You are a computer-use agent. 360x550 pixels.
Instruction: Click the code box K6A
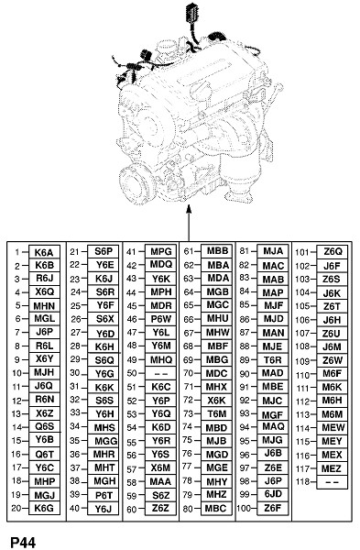coord(44,252)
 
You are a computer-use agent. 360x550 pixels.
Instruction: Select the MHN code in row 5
coord(44,306)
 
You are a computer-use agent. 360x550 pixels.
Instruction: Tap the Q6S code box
coord(44,426)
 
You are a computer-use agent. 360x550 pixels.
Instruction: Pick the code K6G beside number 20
coord(44,508)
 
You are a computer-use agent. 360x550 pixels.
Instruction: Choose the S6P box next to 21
coord(104,251)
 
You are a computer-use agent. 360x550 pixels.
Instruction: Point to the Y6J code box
coord(104,508)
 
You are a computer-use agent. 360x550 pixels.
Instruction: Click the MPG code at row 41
coord(161,251)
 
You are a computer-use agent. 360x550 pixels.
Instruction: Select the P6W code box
coord(161,319)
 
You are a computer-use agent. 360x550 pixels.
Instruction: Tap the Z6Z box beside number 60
coord(161,508)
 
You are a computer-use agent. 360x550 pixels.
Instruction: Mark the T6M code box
coord(217,414)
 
